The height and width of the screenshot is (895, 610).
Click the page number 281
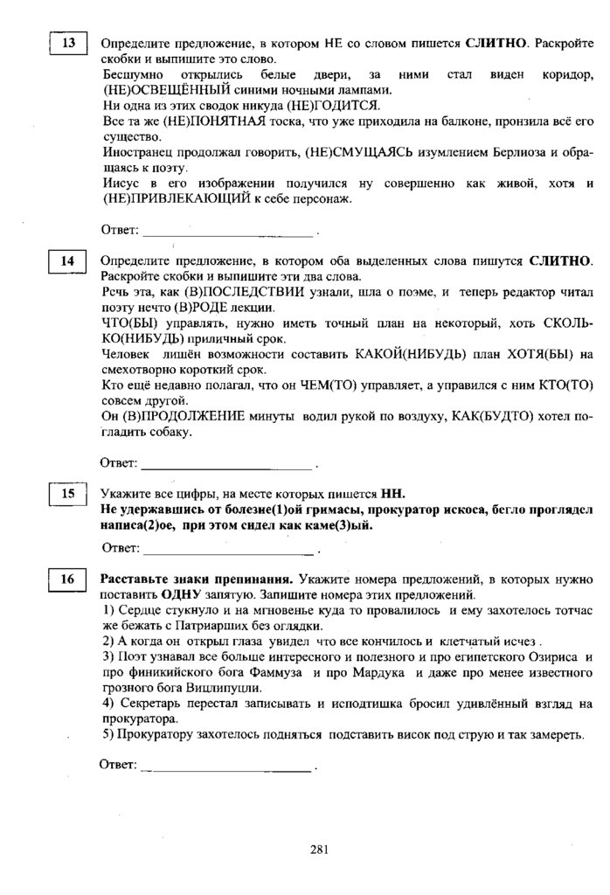pyautogui.click(x=318, y=847)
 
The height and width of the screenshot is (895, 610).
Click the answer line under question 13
pyautogui.click(x=227, y=233)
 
